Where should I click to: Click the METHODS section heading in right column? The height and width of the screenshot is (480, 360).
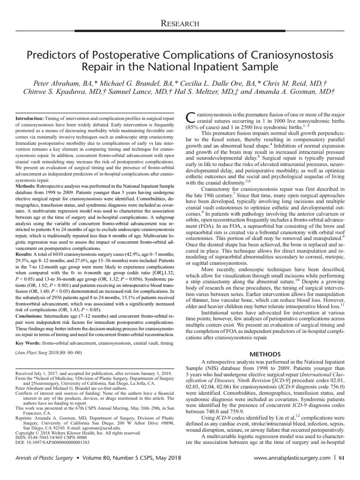pyautogui.click(x=265, y=353)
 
